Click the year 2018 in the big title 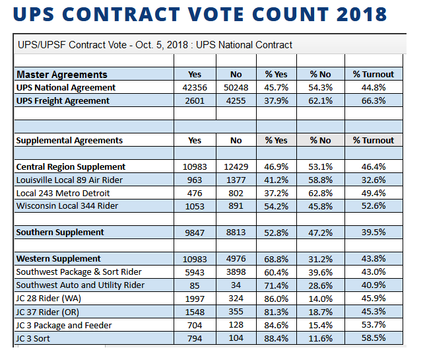361,14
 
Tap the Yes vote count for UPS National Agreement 195,88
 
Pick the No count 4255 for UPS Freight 236,101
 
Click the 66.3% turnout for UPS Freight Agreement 374,101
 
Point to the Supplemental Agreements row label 69,141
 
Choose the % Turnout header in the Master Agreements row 374,75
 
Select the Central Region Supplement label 71,167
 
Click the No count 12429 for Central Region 236,167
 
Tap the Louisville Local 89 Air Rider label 69,180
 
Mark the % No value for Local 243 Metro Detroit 320,194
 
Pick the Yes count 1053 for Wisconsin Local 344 195,207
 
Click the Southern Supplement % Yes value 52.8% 277,233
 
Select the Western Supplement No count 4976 236,259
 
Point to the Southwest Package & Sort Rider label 79,272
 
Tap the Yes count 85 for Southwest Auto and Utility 195,285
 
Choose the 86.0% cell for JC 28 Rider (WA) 277,299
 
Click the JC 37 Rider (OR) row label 48,312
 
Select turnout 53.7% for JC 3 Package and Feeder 374,325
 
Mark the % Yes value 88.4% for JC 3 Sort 277,339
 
